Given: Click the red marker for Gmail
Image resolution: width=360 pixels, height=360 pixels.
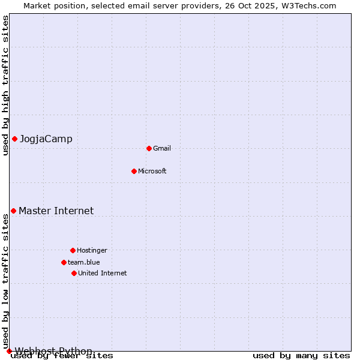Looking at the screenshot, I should click(149, 148).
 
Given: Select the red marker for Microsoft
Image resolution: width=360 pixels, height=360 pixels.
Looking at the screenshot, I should click(134, 171).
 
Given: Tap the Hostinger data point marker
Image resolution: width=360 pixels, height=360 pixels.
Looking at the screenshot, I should click(73, 250).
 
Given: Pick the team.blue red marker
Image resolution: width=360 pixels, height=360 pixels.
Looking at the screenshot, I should click(64, 262).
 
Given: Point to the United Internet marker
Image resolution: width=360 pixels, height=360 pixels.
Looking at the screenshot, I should click(74, 273).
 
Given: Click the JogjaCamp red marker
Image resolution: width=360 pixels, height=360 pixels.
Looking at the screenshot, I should click(14, 139).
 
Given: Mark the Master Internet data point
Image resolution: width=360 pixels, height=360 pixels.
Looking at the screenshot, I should click(13, 211).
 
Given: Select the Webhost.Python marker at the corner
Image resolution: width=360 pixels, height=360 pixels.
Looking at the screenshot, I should click(9, 351).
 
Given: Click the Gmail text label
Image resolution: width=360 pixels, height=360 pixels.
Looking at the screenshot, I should click(162, 148).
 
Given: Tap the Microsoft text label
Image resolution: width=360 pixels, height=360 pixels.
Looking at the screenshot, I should click(152, 171).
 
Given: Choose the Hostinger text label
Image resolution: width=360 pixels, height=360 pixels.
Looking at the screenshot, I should click(92, 250).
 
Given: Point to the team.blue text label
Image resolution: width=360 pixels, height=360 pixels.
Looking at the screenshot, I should click(84, 262).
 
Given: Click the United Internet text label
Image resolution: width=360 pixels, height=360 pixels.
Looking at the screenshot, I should click(103, 273).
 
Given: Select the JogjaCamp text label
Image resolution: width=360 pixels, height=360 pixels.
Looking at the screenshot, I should click(46, 139).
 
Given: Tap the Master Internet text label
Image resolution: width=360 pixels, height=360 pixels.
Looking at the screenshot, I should click(56, 211).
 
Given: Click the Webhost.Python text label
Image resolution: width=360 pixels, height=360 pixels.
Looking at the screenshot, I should click(53, 351).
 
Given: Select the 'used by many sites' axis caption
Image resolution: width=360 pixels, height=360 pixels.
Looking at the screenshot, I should click(301, 355).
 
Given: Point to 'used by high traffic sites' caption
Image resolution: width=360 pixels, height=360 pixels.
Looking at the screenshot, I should click(5, 85).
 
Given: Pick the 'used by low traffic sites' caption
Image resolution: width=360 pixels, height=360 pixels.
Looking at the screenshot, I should click(5, 282).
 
